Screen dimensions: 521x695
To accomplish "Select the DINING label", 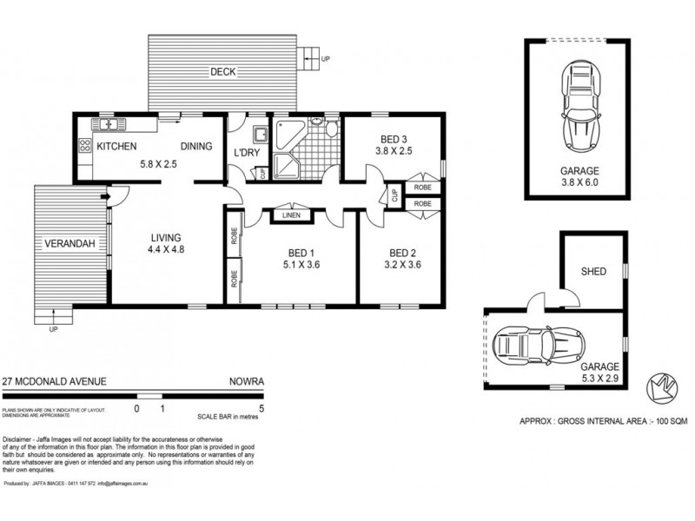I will click(x=196, y=147).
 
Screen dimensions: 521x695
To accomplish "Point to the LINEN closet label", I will click(x=291, y=216).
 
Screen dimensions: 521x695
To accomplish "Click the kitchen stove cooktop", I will click(x=84, y=148).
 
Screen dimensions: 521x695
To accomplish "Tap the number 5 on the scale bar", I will click(x=261, y=406).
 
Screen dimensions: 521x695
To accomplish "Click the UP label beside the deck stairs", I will click(x=326, y=59).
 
